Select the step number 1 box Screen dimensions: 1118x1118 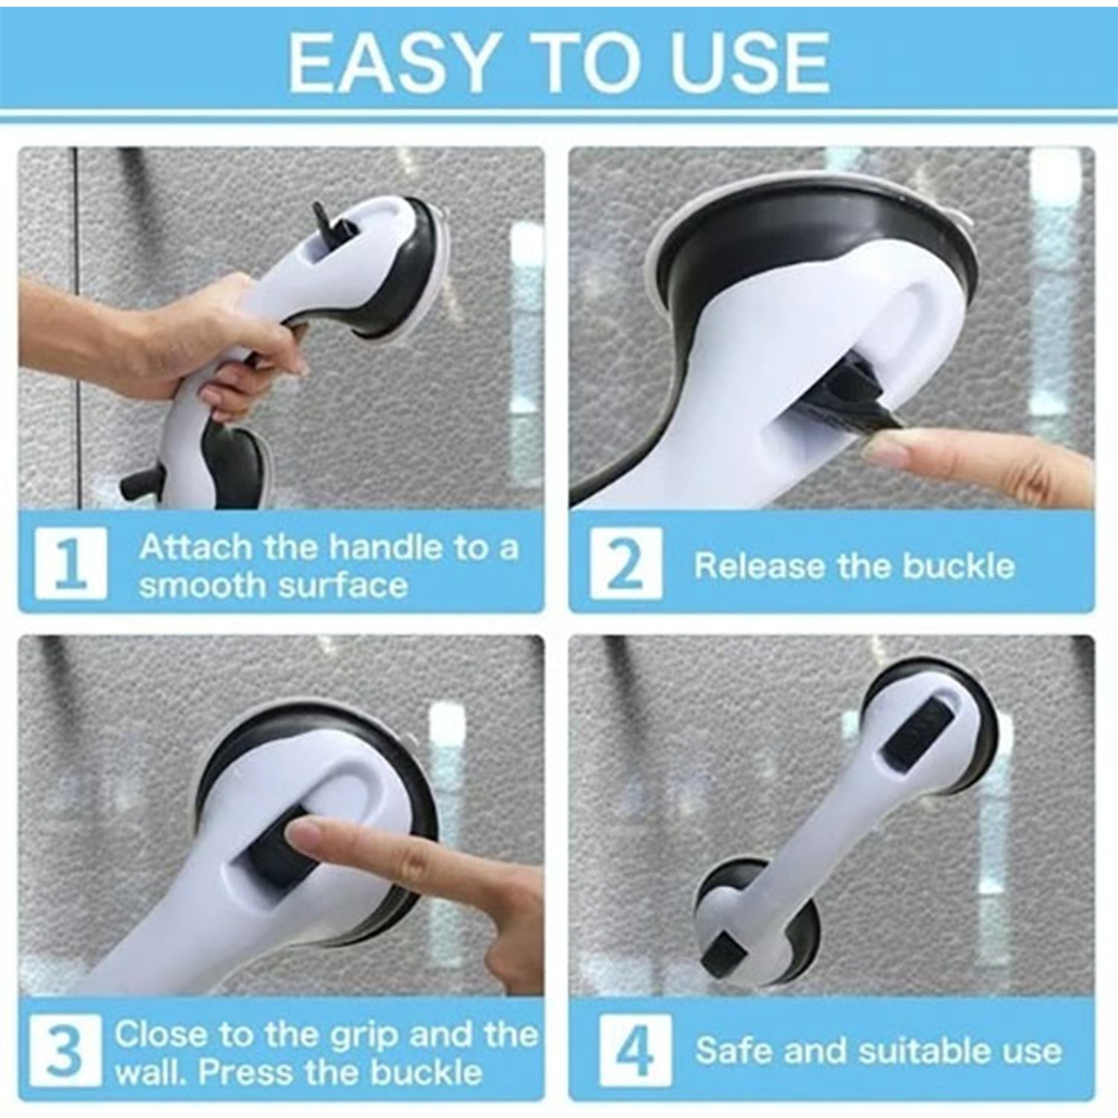(71, 563)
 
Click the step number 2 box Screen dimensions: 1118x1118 (625, 563)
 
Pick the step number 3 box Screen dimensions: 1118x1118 (66, 1050)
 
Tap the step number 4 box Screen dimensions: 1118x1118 (634, 1050)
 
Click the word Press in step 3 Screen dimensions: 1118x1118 (243, 1072)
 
